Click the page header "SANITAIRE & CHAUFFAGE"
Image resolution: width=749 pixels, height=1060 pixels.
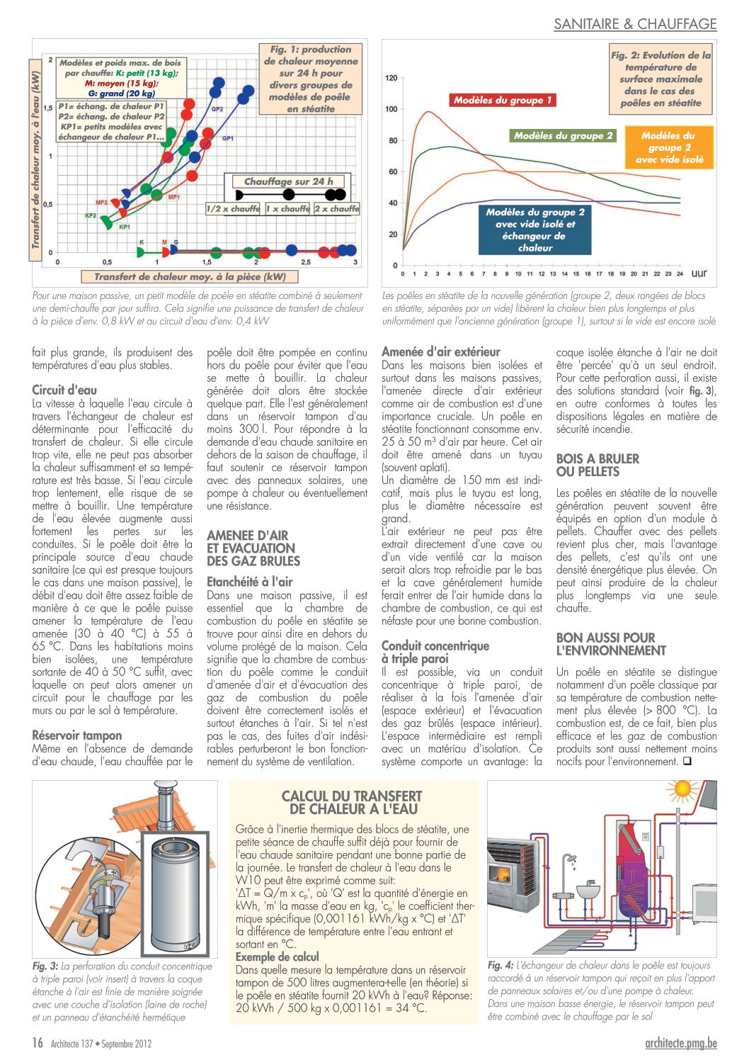click(635, 24)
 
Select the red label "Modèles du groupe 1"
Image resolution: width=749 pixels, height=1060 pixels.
click(503, 101)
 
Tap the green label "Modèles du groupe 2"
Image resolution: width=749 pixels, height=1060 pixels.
click(564, 136)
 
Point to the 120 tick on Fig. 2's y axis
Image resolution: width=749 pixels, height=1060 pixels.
click(391, 78)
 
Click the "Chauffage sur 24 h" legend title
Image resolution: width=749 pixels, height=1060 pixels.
click(288, 181)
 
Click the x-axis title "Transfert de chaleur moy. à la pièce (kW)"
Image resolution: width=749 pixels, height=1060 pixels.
click(190, 277)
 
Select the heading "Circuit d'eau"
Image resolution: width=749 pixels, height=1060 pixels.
click(64, 390)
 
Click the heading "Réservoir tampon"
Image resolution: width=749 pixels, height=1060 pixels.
click(77, 735)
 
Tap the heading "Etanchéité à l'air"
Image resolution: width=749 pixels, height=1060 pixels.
click(249, 582)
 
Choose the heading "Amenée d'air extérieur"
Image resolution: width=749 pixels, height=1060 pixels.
click(440, 351)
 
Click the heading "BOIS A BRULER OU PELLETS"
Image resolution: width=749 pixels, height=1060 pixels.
click(598, 465)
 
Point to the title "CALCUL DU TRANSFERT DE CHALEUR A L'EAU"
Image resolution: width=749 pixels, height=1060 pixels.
click(352, 802)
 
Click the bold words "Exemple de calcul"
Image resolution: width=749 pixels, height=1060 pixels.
click(278, 957)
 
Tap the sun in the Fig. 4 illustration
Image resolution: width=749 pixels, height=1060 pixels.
click(683, 789)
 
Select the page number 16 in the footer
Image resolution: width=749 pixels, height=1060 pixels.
click(38, 1042)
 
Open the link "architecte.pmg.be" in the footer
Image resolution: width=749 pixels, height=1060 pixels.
click(681, 1042)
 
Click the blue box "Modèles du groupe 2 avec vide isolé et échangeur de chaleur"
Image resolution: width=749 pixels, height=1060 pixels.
click(535, 230)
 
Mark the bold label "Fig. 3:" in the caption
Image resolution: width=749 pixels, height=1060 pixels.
click(45, 966)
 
